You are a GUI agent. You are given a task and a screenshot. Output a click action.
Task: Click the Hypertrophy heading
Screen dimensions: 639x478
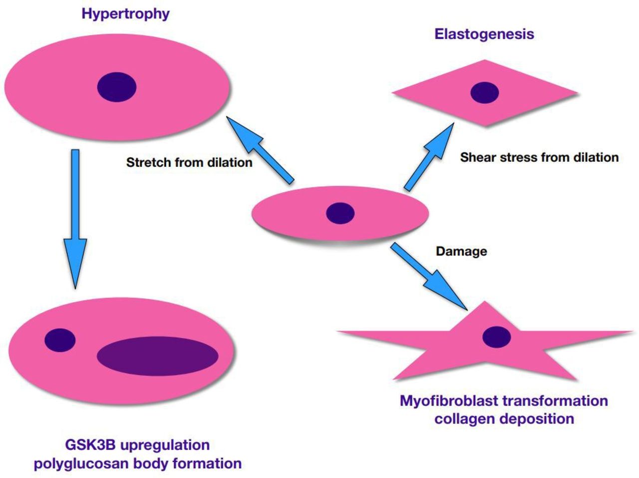[125, 14]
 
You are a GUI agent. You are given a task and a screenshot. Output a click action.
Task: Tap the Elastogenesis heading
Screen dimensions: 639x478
[484, 34]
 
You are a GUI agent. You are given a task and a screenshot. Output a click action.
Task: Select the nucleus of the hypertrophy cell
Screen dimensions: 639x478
[117, 87]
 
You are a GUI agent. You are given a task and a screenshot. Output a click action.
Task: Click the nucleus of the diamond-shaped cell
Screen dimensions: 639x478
[484, 92]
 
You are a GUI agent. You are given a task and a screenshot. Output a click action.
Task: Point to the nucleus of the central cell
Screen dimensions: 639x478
[340, 213]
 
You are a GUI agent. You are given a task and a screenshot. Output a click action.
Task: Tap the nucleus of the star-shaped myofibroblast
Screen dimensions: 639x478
[496, 337]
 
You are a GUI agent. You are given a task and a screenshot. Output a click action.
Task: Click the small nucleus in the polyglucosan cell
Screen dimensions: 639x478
[60, 340]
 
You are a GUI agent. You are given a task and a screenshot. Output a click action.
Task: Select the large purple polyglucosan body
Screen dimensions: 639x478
[157, 356]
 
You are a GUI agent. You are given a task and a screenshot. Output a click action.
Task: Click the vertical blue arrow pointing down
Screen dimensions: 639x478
[75, 219]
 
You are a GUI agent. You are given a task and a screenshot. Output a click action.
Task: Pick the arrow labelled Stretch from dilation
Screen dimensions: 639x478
[260, 150]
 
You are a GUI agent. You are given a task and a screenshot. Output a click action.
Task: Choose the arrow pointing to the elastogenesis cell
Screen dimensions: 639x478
[429, 157]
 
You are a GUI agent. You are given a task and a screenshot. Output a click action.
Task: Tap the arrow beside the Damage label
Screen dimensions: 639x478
[429, 276]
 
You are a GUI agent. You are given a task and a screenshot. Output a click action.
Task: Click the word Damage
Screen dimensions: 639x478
[461, 251]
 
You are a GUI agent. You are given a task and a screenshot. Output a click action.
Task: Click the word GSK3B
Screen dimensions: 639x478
[90, 445]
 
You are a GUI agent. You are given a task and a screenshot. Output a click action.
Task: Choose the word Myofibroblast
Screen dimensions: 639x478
[449, 401]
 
